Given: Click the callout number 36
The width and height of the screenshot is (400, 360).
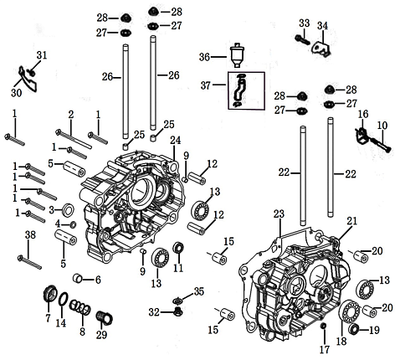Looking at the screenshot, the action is pos(204,57).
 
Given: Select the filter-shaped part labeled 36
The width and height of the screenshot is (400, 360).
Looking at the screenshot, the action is pos(237,55).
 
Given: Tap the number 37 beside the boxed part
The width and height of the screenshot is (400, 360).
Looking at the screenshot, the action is pos(206,85).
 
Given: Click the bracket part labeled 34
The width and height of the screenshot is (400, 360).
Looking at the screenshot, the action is pos(321,49).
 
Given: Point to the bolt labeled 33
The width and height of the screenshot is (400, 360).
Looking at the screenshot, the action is pos(302,39).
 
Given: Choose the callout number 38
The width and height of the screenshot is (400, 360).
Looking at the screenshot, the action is pos(30,235).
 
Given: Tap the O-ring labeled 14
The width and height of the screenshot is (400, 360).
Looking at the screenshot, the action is pos(64,300).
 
